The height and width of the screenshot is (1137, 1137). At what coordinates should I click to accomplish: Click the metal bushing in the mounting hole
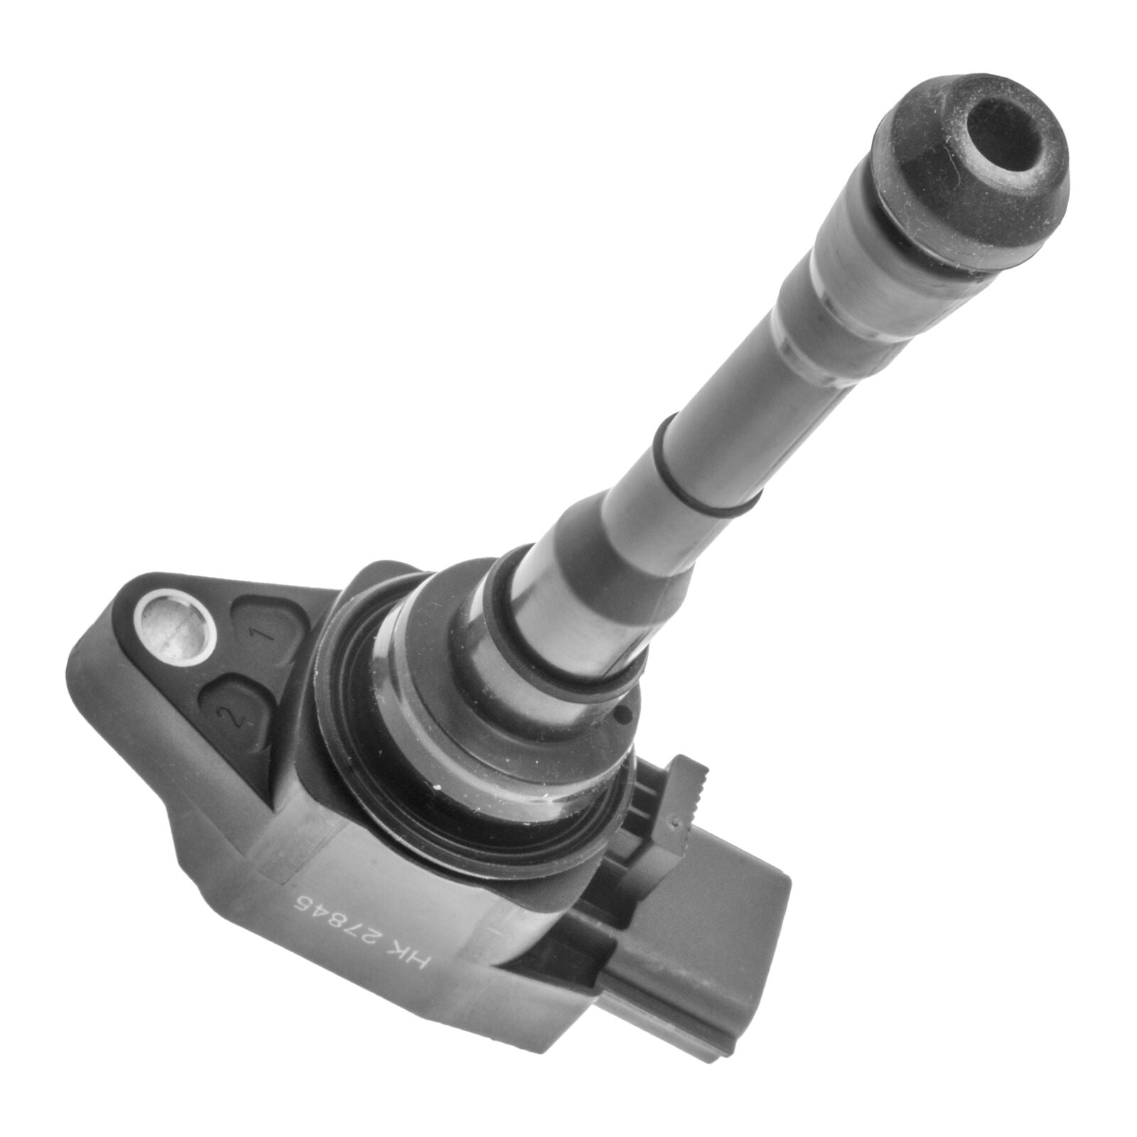pyautogui.click(x=168, y=626)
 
